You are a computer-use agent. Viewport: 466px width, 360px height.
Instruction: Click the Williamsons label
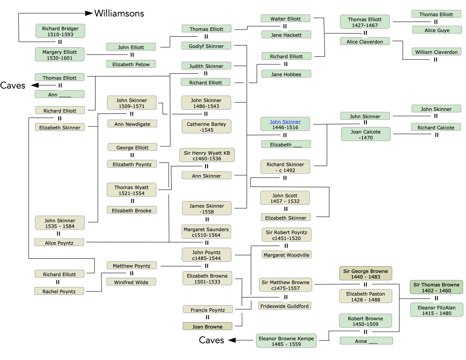(119, 14)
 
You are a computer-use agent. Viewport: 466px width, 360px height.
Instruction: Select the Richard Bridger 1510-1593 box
(60, 31)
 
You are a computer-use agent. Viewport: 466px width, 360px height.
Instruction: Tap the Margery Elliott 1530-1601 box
(60, 55)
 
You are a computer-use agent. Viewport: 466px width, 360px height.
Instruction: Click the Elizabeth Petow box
(131, 64)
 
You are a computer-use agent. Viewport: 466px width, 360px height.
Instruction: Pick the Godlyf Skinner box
(206, 46)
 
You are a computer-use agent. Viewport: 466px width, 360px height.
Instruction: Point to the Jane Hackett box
(286, 35)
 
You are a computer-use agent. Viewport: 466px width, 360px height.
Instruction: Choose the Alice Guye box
(437, 30)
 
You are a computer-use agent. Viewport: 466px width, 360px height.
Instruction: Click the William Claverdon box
(436, 52)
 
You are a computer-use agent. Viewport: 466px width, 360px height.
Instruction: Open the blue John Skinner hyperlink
(285, 122)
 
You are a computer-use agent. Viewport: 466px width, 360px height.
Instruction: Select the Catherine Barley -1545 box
(206, 127)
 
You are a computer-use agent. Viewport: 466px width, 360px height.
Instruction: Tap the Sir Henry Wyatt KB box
(207, 156)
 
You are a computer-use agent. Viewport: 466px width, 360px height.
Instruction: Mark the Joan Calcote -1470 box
(366, 134)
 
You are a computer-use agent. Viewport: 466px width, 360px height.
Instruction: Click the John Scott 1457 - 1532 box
(285, 198)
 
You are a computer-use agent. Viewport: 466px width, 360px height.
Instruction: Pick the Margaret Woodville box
(287, 255)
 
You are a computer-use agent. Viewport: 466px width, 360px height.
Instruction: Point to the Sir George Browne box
(365, 274)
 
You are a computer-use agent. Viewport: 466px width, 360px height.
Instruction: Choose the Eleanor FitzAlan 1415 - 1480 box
(437, 310)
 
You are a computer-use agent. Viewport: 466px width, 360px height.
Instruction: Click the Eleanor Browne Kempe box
(286, 341)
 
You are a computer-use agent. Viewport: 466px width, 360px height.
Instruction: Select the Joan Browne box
(207, 326)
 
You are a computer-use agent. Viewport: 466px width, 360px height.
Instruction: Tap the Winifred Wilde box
(131, 282)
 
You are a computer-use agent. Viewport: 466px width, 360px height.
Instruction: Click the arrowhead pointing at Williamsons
(89, 13)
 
